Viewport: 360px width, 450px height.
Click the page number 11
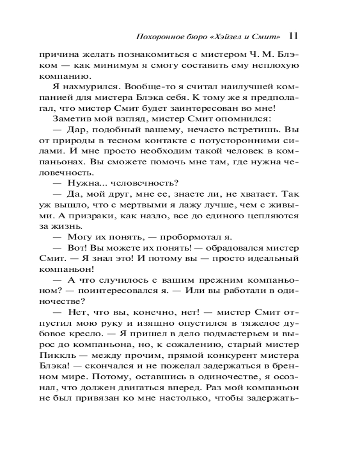click(x=292, y=36)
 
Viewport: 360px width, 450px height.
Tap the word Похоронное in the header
click(x=157, y=36)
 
